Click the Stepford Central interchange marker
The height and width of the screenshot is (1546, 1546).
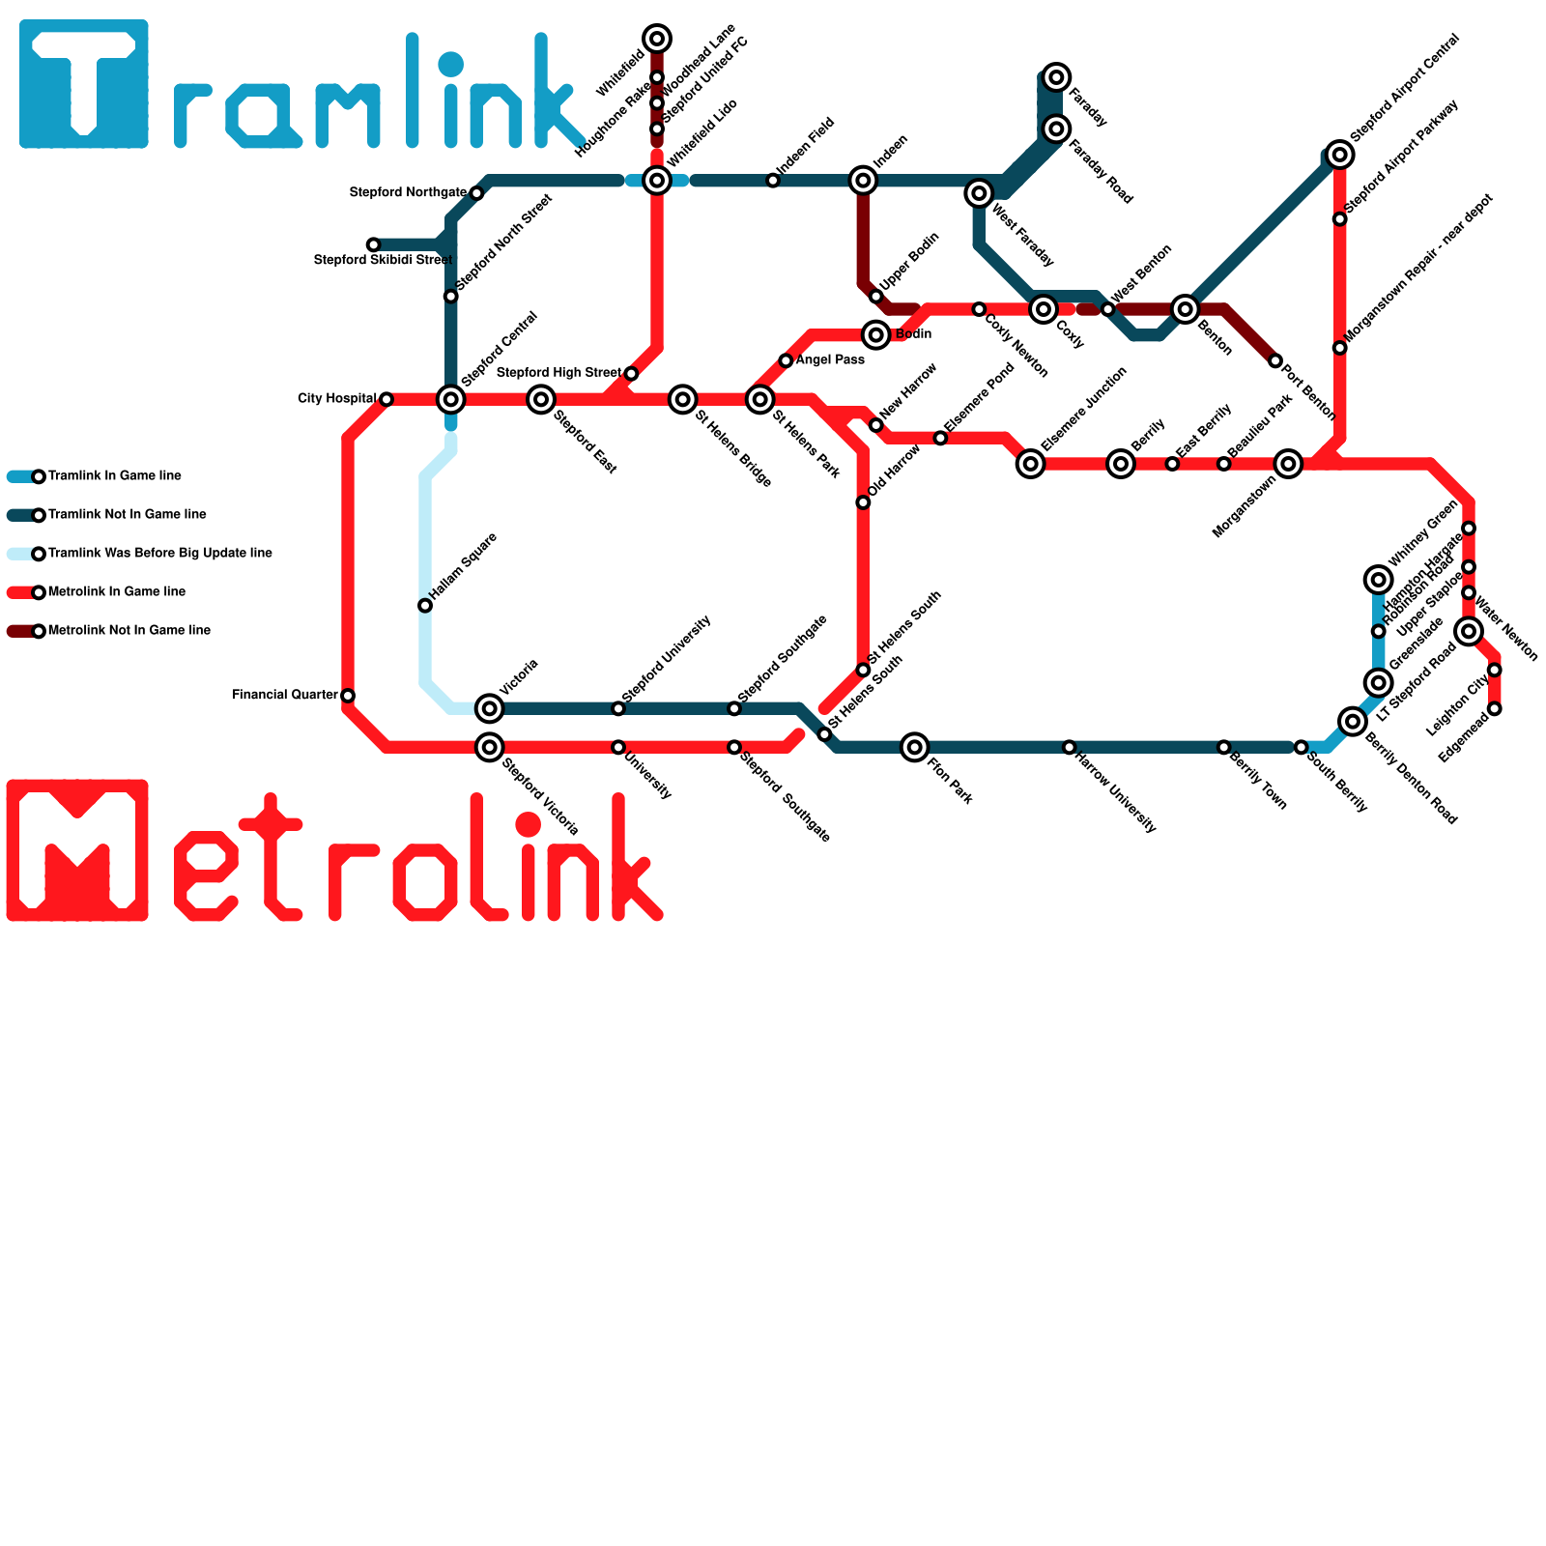click(x=450, y=399)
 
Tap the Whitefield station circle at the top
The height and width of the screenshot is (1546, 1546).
click(x=657, y=39)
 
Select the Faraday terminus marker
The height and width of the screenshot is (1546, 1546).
click(x=1057, y=77)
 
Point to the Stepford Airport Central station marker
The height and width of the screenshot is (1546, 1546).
click(x=1339, y=155)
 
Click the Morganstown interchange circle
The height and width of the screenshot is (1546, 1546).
click(x=1288, y=464)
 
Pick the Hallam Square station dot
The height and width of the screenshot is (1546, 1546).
click(x=425, y=606)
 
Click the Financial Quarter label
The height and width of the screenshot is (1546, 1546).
click(x=285, y=695)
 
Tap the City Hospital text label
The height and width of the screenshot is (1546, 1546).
click(x=336, y=399)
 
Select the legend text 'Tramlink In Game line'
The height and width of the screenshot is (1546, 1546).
click(x=114, y=476)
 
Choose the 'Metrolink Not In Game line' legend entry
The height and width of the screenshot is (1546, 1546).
click(x=129, y=631)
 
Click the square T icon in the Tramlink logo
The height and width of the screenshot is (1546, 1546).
click(x=84, y=84)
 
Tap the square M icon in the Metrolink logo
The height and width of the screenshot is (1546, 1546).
click(x=77, y=850)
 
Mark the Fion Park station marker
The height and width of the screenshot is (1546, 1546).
click(x=914, y=747)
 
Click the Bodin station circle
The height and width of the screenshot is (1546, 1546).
click(x=875, y=335)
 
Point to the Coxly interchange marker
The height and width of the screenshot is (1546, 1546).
click(x=1043, y=309)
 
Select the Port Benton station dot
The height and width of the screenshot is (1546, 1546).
click(x=1274, y=361)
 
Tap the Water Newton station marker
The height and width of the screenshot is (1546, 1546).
click(x=1469, y=632)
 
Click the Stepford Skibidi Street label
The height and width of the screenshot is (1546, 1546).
click(x=383, y=260)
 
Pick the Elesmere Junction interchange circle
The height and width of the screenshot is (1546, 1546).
click(x=1031, y=464)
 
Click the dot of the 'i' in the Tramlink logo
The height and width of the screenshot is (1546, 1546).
click(x=450, y=65)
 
